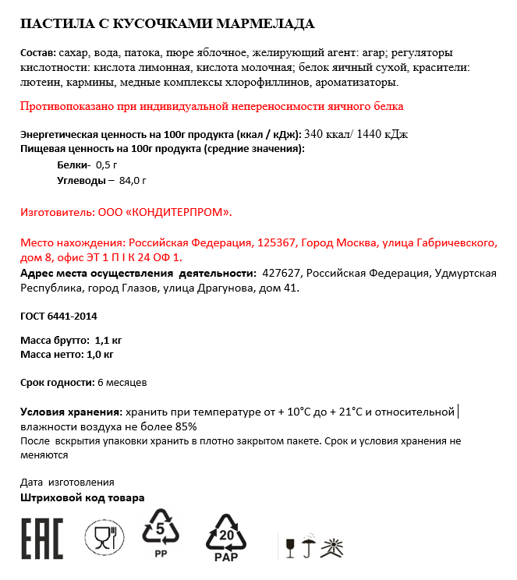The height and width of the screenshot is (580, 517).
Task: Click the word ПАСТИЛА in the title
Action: pos(54,23)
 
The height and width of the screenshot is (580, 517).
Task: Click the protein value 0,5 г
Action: pos(106,164)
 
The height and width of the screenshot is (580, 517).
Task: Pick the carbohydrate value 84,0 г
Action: pos(133,180)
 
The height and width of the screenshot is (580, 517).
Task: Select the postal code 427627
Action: pos(282,274)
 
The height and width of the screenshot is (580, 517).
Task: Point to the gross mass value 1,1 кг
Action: pos(107,341)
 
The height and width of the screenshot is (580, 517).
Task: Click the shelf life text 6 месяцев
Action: pos(122,383)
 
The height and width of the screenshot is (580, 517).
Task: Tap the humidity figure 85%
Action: pos(185,426)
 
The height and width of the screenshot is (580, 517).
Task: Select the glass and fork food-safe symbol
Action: pos(104,537)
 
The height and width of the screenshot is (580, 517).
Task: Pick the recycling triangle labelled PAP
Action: pos(225,536)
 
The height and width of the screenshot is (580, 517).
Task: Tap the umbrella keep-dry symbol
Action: pos(310,546)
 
